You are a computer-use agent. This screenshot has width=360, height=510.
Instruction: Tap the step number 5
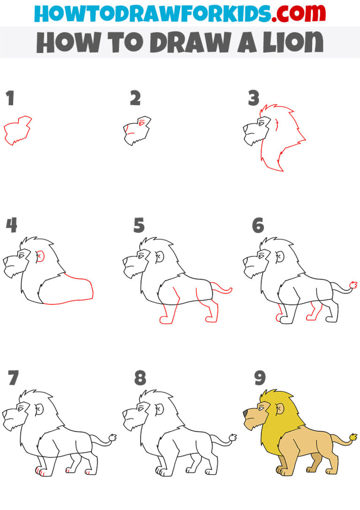pyautogui.click(x=139, y=226)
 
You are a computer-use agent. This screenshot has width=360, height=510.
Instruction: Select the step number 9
pyautogui.click(x=260, y=377)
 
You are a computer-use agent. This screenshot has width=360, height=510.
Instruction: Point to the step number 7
pyautogui.click(x=14, y=378)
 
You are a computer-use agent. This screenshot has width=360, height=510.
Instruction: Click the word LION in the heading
pyautogui.click(x=289, y=43)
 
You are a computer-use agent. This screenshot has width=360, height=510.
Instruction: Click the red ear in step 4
pyautogui.click(x=40, y=256)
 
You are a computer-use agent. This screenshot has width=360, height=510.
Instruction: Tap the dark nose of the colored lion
pyautogui.click(x=246, y=412)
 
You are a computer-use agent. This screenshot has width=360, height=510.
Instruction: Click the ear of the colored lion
pyautogui.click(x=280, y=410)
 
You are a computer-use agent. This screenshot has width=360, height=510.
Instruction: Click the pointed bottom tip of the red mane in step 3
pyautogui.click(x=282, y=171)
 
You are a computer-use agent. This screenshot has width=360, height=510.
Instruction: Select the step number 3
pyautogui.click(x=254, y=99)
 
